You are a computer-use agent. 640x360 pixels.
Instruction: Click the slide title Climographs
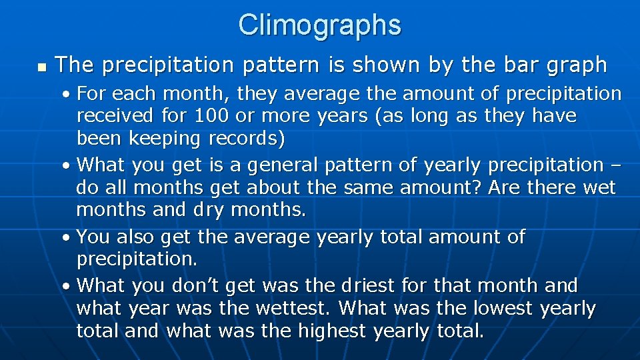point(320,25)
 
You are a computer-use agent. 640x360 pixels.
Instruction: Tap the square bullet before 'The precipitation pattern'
point(41,67)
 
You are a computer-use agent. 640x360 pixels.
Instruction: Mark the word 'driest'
point(370,285)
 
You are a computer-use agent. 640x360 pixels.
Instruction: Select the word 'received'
point(116,115)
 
